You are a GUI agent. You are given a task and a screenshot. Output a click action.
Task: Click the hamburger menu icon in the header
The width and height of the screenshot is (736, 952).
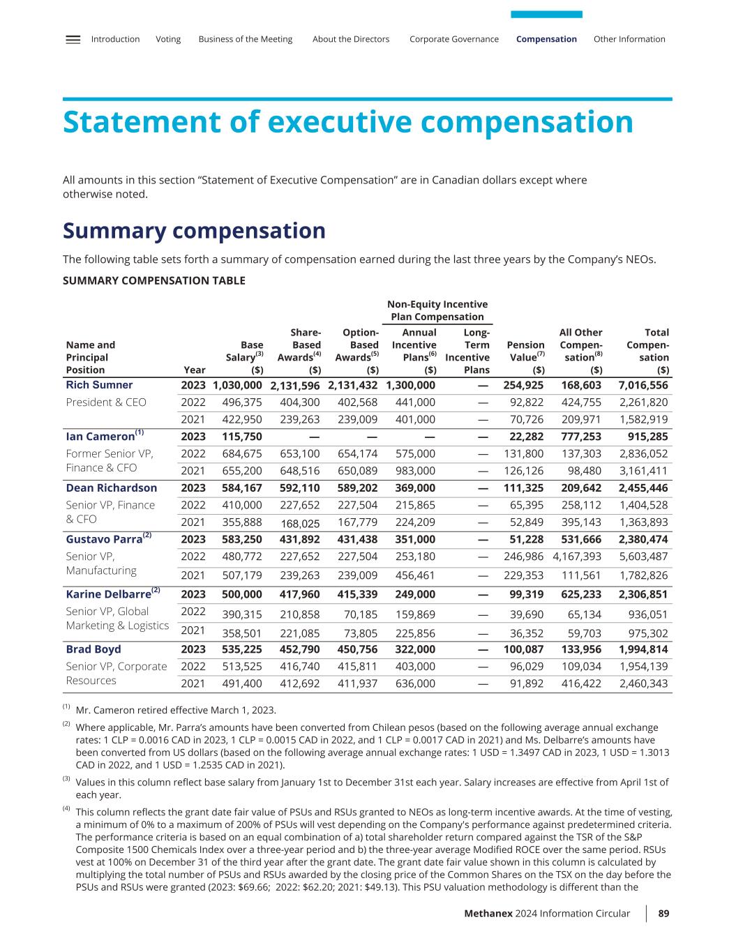(73, 40)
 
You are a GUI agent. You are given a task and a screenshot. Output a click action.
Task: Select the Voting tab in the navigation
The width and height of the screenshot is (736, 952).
(168, 40)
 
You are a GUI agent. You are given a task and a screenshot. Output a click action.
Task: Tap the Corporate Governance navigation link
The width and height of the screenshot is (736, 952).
(454, 39)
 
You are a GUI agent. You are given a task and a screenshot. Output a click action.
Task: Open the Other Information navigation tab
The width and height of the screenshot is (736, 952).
(629, 39)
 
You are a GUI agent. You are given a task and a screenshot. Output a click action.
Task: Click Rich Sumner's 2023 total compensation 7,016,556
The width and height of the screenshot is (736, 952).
(643, 386)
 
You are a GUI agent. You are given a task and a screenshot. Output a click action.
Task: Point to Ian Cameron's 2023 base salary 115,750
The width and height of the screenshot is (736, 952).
(242, 437)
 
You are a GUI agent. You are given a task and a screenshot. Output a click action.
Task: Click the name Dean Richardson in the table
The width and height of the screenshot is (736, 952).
(112, 488)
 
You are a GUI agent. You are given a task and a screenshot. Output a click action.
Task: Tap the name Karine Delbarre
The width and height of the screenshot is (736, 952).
(108, 594)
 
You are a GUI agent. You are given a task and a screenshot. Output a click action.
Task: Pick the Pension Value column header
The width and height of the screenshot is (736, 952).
(526, 357)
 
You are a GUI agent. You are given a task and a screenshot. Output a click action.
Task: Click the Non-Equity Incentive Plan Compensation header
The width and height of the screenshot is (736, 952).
(437, 310)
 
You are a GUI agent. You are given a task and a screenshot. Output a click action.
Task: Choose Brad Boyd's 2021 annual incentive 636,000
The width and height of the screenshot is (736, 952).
(415, 683)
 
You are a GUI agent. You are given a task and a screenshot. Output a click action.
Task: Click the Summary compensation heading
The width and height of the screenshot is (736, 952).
(194, 231)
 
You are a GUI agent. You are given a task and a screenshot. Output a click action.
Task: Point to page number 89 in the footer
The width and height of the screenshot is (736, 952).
(663, 914)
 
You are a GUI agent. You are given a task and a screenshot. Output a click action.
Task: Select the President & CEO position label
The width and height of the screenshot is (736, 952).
(106, 402)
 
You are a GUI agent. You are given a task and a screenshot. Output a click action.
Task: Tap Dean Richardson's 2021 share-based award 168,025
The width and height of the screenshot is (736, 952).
(300, 524)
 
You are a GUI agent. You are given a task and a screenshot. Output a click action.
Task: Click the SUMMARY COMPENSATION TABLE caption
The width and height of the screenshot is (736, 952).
(153, 281)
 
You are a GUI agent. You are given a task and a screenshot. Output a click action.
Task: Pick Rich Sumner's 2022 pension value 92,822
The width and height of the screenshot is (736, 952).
(527, 402)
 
